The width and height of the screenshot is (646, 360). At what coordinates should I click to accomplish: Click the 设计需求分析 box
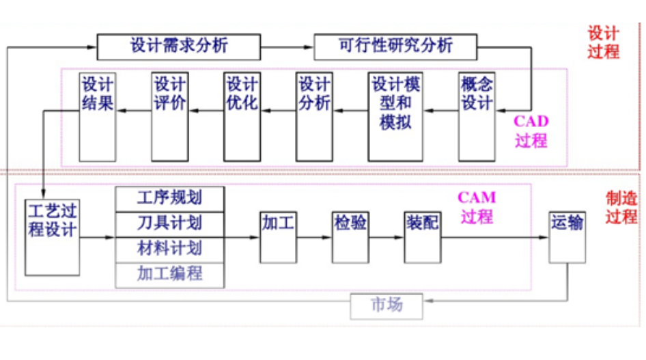[x=178, y=46]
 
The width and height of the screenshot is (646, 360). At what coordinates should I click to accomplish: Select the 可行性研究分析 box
[x=395, y=46]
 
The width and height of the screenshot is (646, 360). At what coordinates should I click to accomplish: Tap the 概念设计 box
[x=477, y=115]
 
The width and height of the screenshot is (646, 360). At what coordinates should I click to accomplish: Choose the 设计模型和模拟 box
[x=395, y=115]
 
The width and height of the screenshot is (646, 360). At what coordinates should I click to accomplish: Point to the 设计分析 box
[x=314, y=115]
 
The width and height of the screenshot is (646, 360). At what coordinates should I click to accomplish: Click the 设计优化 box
[x=241, y=115]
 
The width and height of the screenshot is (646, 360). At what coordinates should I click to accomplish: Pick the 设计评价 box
[x=169, y=115]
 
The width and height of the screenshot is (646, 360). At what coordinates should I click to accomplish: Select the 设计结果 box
[x=97, y=115]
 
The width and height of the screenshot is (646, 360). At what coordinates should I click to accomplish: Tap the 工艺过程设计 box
[x=52, y=236]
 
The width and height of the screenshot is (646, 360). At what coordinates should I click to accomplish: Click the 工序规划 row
[x=170, y=199]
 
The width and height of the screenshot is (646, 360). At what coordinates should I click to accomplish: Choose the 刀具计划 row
[x=170, y=223]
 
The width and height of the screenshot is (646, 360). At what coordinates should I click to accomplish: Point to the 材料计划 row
[x=170, y=248]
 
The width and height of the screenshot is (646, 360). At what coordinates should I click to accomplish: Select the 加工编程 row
[x=170, y=274]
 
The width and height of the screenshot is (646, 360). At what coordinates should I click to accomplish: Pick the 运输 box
[x=567, y=236]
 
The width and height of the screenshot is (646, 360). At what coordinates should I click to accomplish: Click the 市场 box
[x=387, y=305]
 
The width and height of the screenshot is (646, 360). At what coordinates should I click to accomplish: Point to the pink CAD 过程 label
[x=531, y=131]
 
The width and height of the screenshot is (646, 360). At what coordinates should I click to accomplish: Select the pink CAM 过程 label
[x=476, y=207]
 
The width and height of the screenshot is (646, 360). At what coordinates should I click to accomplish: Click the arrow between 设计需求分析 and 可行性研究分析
[x=286, y=46]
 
